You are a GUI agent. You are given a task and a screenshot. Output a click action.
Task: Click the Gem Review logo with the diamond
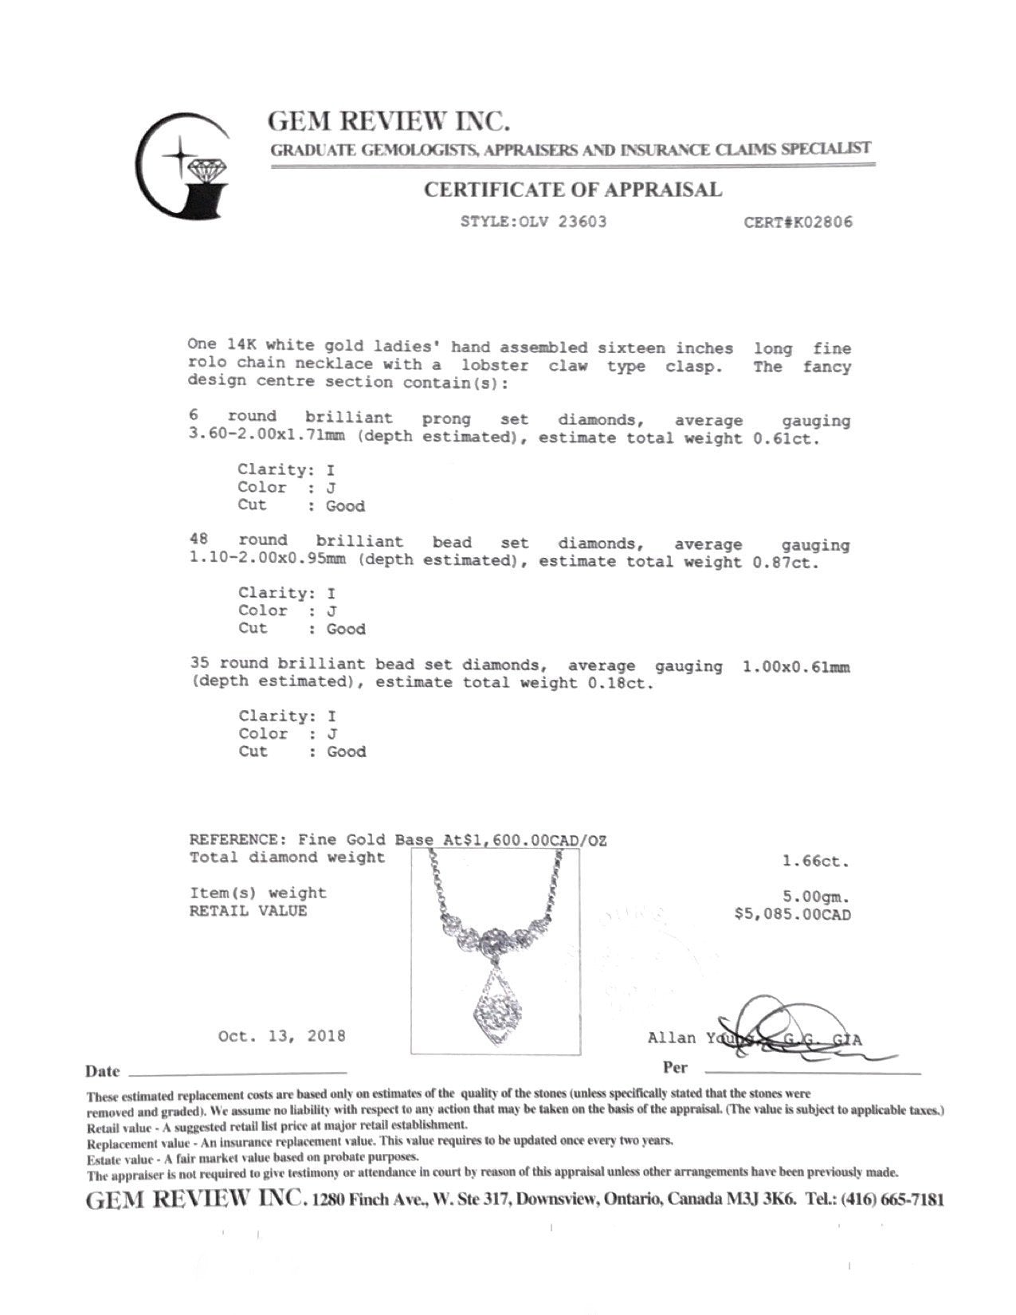pos(184,166)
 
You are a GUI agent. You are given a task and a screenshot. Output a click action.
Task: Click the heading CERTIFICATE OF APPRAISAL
pos(572,190)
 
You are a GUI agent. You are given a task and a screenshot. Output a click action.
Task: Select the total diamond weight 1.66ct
pos(816,862)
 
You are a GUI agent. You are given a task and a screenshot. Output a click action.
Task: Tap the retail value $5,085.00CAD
pos(792,914)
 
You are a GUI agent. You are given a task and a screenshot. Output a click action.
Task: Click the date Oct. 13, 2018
pos(282,1037)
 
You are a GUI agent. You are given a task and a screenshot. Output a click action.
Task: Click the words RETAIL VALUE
pos(248,911)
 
